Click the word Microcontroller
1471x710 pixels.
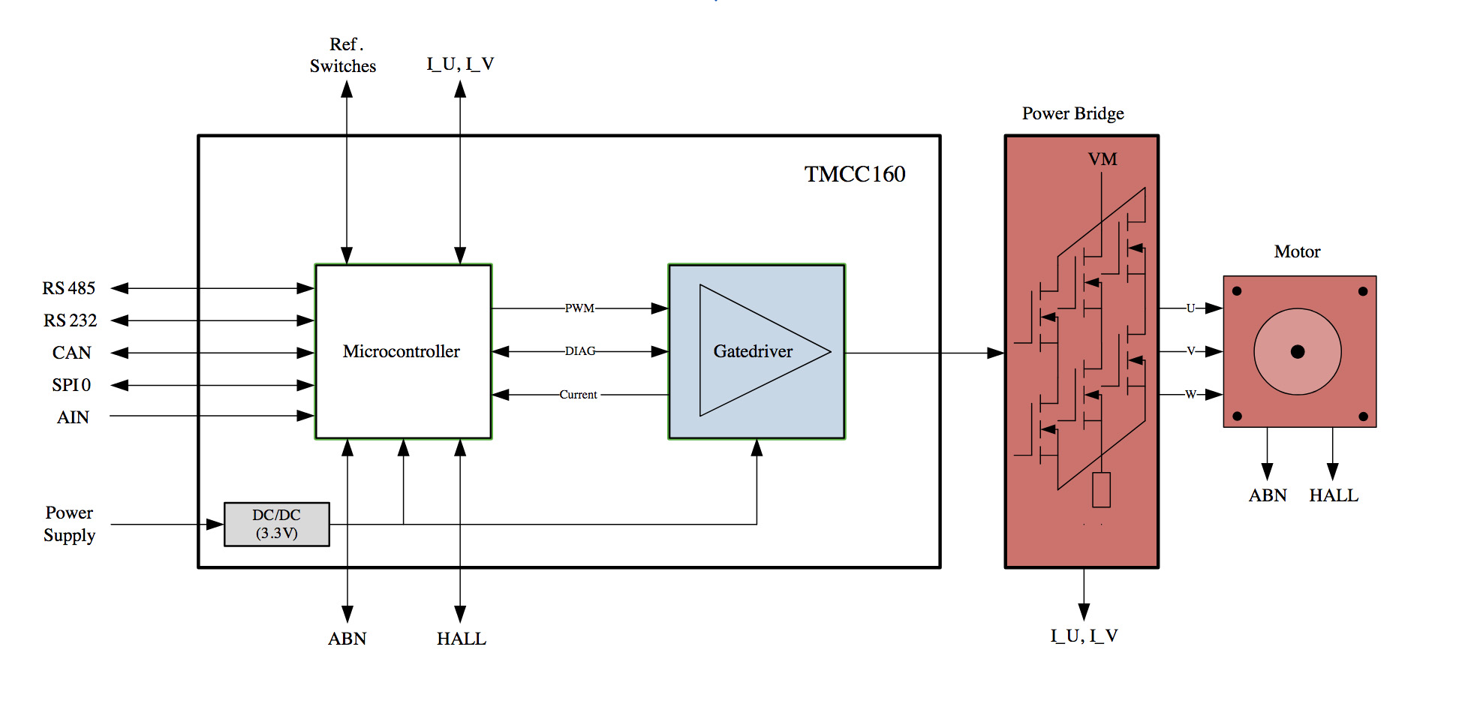[401, 351]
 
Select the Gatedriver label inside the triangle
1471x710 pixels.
[752, 351]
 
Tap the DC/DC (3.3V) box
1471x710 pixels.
[276, 524]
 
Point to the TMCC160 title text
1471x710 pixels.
[854, 174]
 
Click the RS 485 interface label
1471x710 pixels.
[68, 288]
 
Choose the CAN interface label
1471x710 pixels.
[71, 353]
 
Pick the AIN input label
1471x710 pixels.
[73, 417]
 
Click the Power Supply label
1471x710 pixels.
[69, 524]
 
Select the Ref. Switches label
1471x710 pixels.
[343, 56]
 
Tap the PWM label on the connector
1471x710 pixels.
[579, 308]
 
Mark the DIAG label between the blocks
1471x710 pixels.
[580, 351]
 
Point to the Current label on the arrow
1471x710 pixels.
[578, 395]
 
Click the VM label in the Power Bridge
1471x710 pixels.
[1102, 159]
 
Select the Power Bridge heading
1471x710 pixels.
[1072, 113]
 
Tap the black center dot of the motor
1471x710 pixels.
[1297, 351]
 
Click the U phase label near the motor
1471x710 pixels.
[1190, 308]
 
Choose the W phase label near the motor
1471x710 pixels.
[1190, 395]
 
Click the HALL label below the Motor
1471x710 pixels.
[1333, 495]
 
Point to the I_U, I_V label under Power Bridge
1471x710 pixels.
[1083, 636]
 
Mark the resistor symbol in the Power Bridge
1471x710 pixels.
[1101, 489]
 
